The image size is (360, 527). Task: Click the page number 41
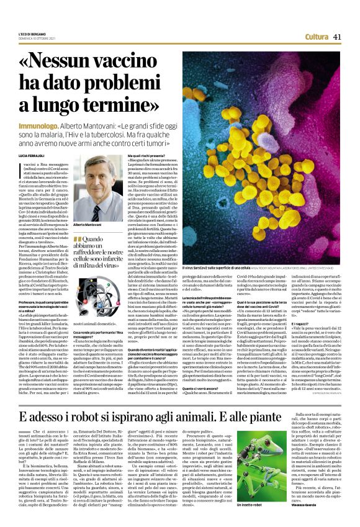pyautogui.click(x=338, y=37)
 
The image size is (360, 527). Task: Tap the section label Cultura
pyautogui.click(x=317, y=37)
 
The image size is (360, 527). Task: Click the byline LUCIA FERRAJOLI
pyautogui.click(x=34, y=153)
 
